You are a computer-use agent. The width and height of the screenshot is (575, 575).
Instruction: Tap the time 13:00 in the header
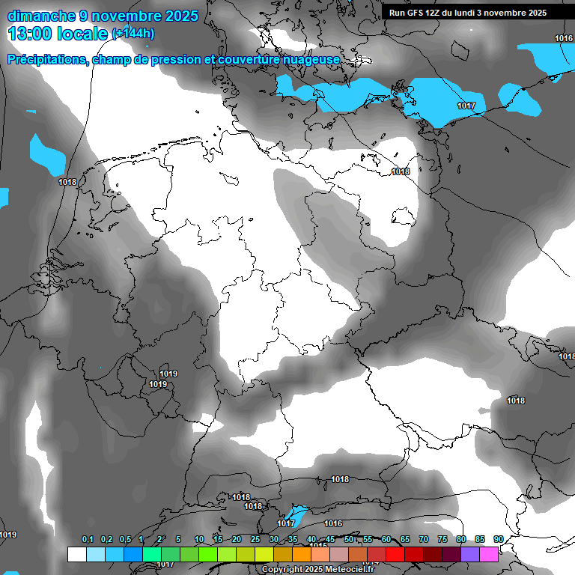(29, 32)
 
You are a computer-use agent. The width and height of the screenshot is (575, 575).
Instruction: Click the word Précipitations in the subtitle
(47, 59)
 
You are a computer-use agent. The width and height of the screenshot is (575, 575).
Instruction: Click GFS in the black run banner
(413, 13)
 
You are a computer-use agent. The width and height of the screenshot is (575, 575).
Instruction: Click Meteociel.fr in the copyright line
(353, 570)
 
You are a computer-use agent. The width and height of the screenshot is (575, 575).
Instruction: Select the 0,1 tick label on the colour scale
(87, 540)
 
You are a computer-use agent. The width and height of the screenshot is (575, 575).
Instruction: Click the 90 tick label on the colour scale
(498, 540)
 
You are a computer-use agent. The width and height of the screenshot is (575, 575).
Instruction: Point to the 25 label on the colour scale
(255, 540)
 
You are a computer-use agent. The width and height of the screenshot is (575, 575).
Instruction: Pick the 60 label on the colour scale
(386, 540)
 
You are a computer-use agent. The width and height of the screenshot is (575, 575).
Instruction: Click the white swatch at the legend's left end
(76, 554)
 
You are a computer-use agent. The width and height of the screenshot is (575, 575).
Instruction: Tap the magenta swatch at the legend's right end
(489, 554)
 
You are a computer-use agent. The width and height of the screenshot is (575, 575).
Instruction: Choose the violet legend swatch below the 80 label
(470, 554)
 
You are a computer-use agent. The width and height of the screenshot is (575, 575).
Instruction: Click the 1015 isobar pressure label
(320, 546)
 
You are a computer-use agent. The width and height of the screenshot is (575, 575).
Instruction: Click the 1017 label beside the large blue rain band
(466, 106)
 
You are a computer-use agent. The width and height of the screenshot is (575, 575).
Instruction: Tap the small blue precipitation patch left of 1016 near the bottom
(297, 516)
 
